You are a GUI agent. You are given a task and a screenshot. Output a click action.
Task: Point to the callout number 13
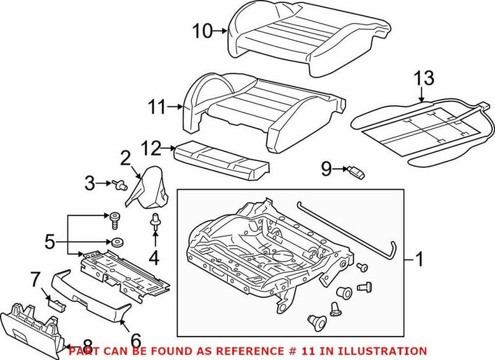tap(425, 79)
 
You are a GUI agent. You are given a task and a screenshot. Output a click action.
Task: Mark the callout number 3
tap(90, 182)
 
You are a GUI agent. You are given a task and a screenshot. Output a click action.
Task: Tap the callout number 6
tap(136, 339)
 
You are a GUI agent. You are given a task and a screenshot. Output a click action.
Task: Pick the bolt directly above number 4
tap(155, 225)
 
